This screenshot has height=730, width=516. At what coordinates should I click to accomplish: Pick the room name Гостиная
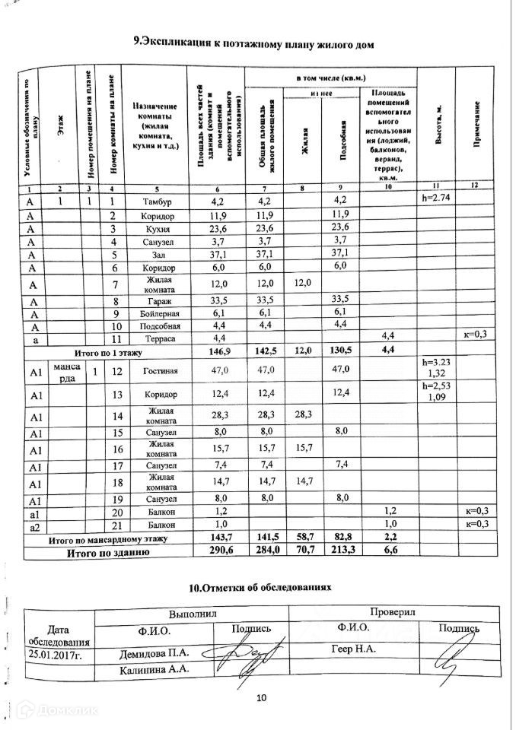160,371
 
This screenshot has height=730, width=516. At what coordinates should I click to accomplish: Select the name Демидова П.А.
153,653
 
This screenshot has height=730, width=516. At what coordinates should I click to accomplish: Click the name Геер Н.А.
351,650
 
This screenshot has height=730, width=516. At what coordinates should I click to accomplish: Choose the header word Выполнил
193,613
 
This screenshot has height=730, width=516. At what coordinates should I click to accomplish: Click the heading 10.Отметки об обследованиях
260,588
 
